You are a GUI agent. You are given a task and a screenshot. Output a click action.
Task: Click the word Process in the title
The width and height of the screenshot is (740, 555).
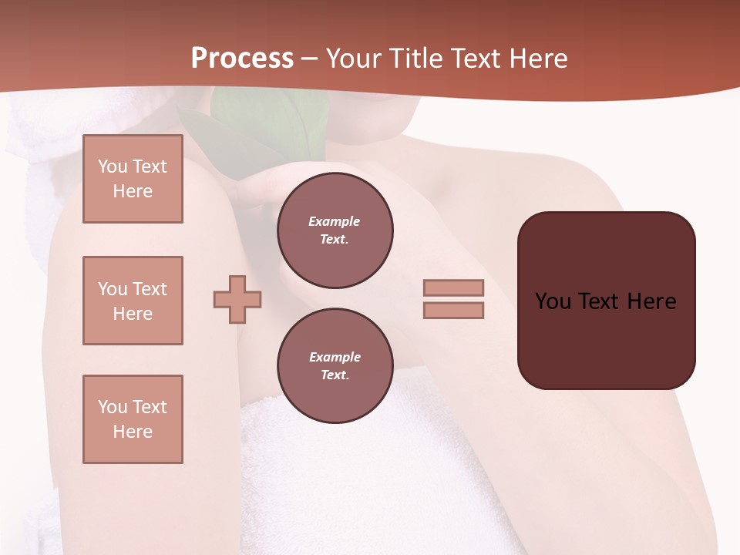pyautogui.click(x=242, y=58)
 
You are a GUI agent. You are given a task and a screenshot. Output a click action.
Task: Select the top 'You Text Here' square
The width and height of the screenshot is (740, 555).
pyautogui.click(x=133, y=179)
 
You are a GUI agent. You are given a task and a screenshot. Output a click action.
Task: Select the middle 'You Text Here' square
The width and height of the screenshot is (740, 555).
pyautogui.click(x=133, y=301)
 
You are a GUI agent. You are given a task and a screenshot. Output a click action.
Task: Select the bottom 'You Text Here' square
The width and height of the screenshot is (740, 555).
pyautogui.click(x=133, y=419)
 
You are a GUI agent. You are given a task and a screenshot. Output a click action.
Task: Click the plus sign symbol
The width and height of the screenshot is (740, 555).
pyautogui.click(x=237, y=299)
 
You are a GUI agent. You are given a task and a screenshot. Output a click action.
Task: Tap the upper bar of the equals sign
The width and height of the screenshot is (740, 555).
pyautogui.click(x=453, y=288)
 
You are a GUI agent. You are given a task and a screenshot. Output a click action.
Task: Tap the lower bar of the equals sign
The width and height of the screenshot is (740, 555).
pyautogui.click(x=453, y=311)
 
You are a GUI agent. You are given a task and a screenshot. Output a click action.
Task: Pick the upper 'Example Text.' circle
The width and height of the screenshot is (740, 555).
pyautogui.click(x=335, y=230)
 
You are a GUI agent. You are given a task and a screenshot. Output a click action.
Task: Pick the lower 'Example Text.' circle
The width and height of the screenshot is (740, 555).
pyautogui.click(x=335, y=366)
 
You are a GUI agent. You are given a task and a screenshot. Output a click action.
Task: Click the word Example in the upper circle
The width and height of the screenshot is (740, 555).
pyautogui.click(x=335, y=221)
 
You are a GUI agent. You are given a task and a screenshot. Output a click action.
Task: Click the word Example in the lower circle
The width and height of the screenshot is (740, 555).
pyautogui.click(x=335, y=357)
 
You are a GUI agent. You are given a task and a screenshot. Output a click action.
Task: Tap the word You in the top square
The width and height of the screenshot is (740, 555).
pyautogui.click(x=112, y=166)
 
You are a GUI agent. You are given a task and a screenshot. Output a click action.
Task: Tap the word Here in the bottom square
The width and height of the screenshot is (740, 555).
pyautogui.click(x=133, y=432)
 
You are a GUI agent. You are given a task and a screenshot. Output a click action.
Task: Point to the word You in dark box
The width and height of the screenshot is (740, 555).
pyautogui.click(x=553, y=301)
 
